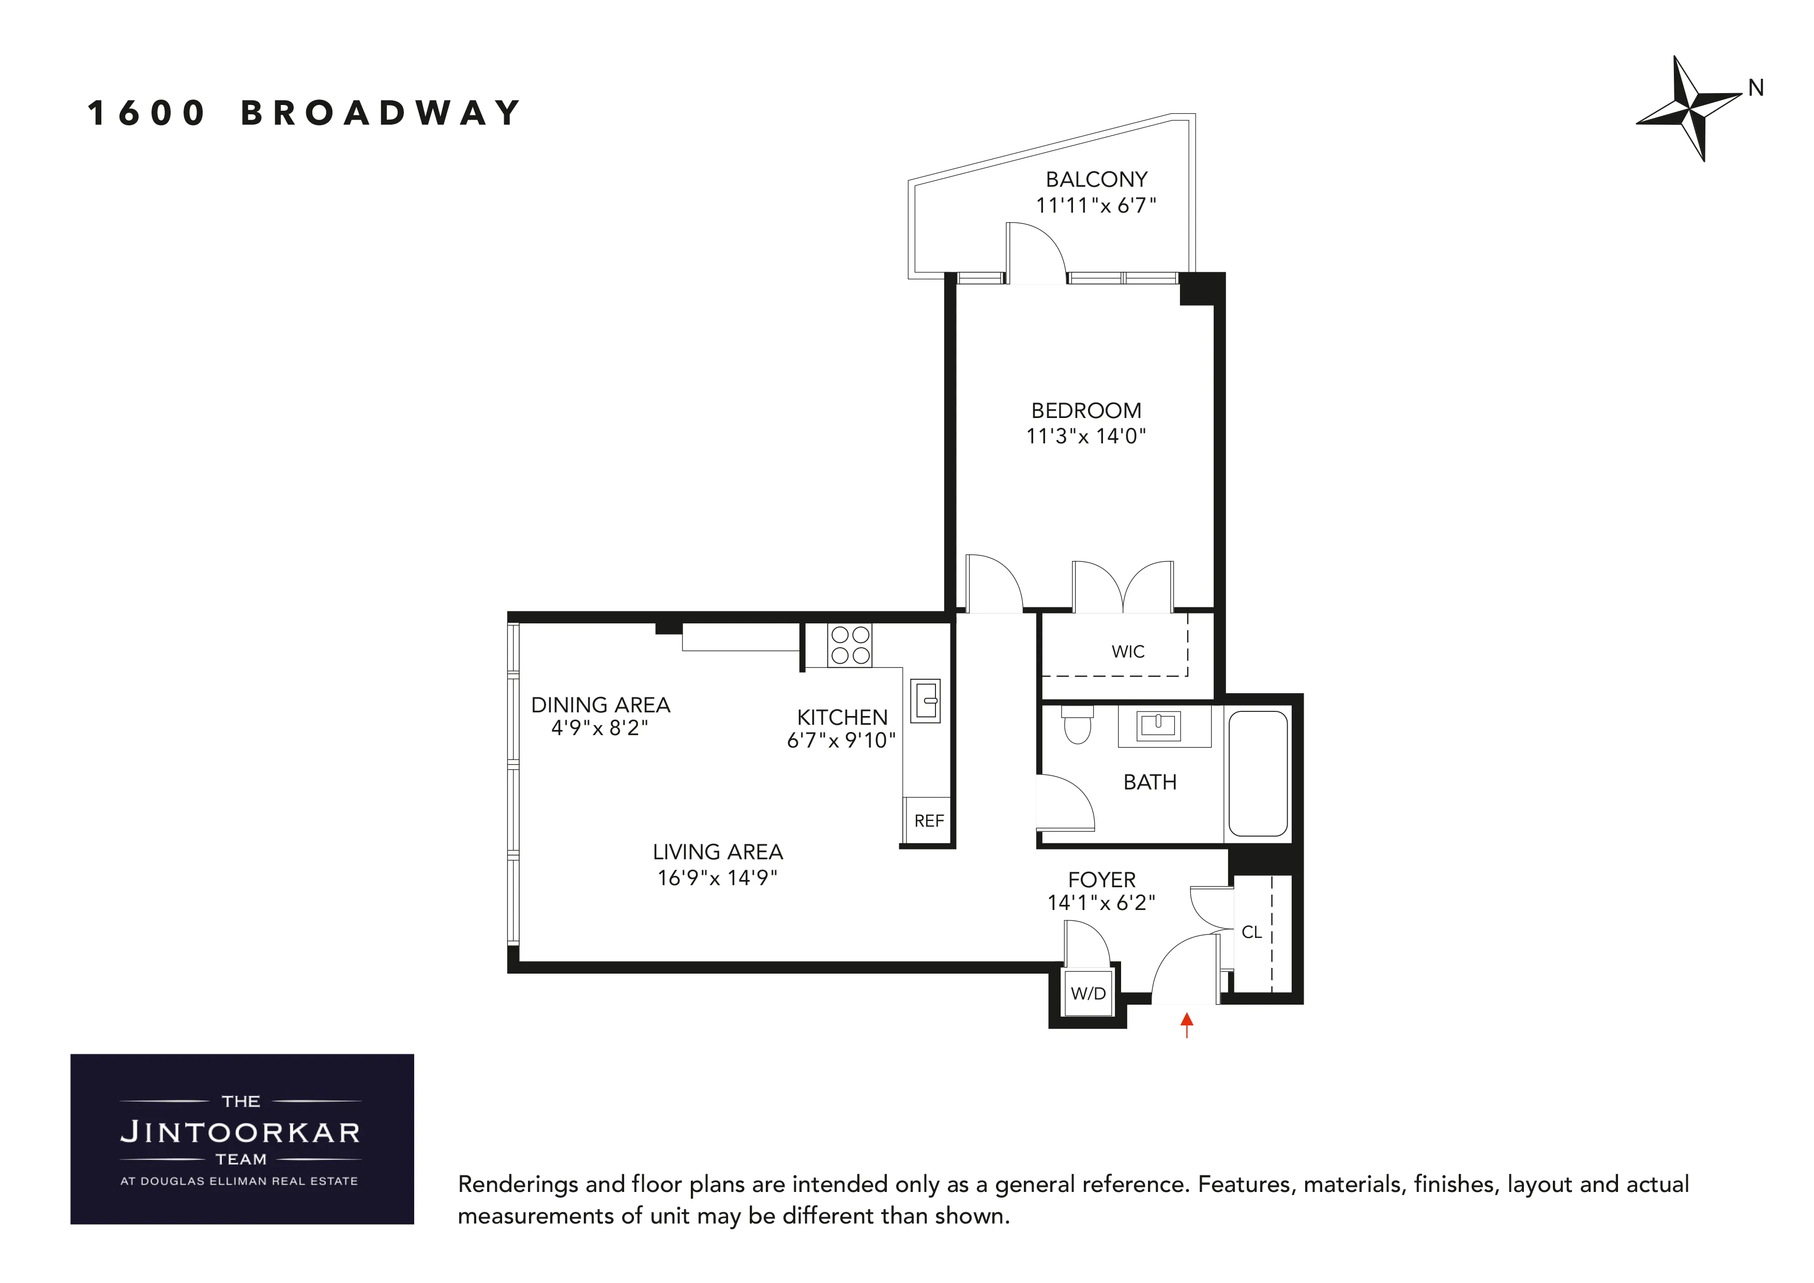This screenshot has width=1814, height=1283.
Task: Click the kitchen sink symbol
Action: click(x=926, y=700)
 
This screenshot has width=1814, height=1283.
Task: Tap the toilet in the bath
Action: click(x=1077, y=726)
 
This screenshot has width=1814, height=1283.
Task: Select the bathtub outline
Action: click(x=1258, y=773)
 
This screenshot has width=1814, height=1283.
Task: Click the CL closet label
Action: click(x=1251, y=932)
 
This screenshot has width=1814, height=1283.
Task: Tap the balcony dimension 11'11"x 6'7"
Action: click(x=1096, y=205)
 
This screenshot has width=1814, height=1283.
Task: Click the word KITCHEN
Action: click(x=842, y=717)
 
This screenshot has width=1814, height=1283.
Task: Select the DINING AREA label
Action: click(x=600, y=704)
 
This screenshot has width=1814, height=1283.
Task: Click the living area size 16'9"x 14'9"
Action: click(x=717, y=877)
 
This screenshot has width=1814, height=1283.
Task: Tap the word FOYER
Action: click(x=1101, y=880)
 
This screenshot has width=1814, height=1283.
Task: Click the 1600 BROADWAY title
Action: click(x=304, y=113)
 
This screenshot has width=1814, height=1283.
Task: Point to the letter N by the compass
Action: click(x=1756, y=88)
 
